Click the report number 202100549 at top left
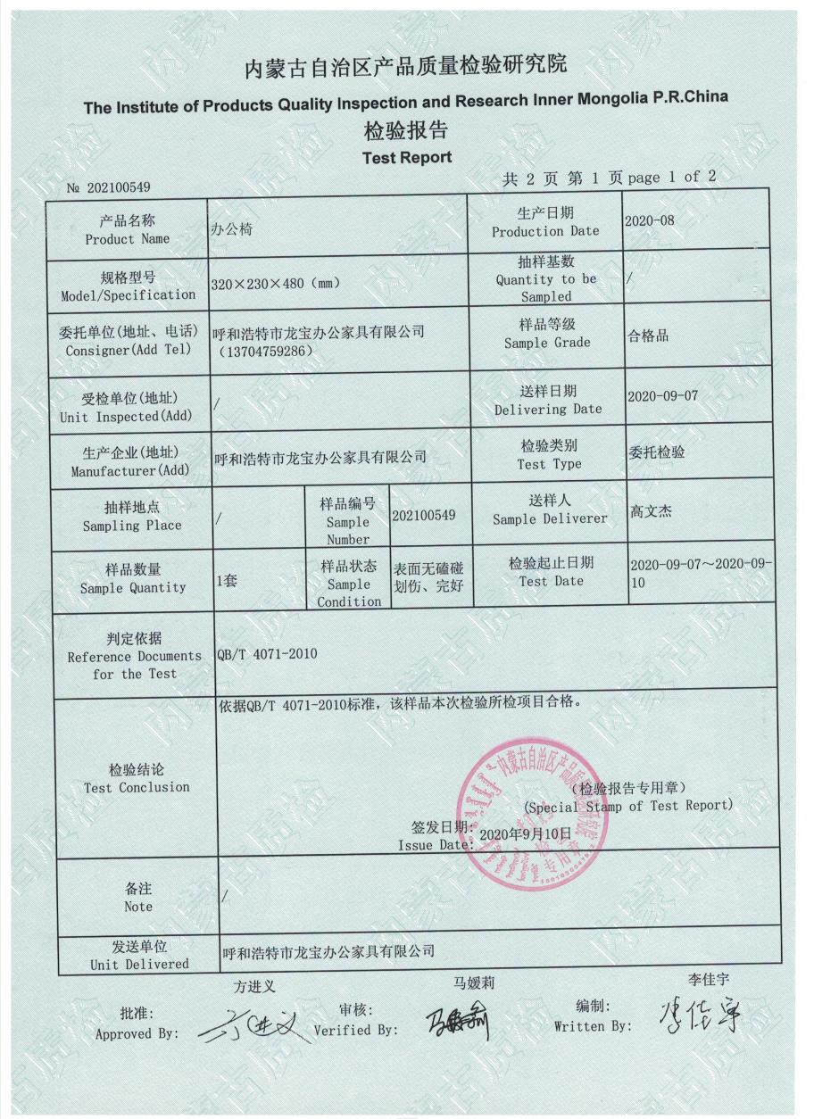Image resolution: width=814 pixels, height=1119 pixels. coord(115,187)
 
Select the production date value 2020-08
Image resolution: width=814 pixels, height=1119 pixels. coord(651,220)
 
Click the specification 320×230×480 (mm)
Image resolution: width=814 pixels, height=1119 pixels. coord(273,284)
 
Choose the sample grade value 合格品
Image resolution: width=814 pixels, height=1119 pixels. coord(649,336)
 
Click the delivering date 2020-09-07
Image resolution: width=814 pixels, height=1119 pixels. coord(662,395)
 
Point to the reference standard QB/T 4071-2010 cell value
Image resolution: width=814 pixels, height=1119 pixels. coord(267,654)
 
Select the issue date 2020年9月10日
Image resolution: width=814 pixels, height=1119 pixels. coord(525,833)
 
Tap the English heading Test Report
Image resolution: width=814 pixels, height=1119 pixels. coord(406,158)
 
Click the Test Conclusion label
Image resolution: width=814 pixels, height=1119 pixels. coord(136,778)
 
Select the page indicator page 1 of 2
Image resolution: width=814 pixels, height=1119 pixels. coord(672,178)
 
